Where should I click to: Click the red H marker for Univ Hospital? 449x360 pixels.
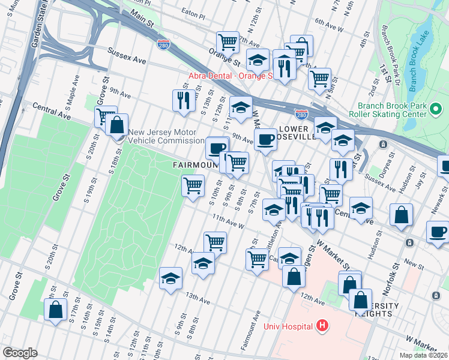click(x=322, y=326)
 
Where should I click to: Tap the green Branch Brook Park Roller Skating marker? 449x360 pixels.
click(x=436, y=110)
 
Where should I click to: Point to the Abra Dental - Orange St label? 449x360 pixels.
click(x=231, y=76)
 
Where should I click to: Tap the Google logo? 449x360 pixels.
click(x=20, y=352)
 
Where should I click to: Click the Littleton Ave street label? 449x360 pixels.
click(x=279, y=230)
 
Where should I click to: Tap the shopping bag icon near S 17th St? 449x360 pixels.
click(x=55, y=310)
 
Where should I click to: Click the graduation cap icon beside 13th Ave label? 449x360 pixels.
click(x=170, y=278)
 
